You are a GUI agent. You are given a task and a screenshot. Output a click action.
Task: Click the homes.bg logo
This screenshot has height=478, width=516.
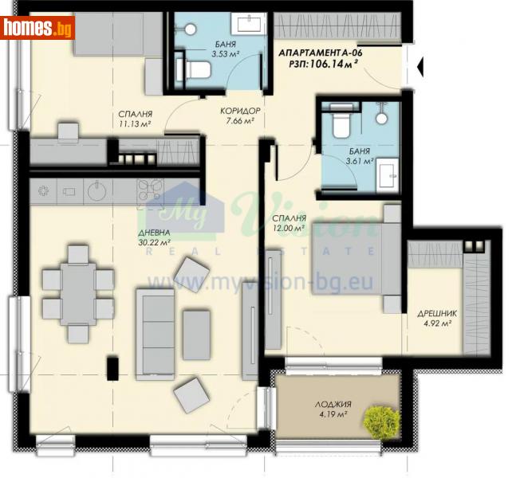click(x=37, y=29)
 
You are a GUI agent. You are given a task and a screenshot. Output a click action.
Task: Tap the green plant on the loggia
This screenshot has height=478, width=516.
click(x=381, y=419)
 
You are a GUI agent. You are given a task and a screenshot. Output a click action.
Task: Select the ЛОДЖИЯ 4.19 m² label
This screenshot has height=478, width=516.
click(x=333, y=409)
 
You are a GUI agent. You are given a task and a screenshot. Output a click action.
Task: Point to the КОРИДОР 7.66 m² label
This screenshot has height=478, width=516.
click(x=240, y=116)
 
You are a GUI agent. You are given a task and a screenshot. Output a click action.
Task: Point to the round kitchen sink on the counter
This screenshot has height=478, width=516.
click(x=96, y=191)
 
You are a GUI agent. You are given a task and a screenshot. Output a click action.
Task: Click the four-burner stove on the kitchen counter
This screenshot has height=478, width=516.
click(x=150, y=191)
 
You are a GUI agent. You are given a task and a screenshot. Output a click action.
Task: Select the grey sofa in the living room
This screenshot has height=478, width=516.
click(x=155, y=333)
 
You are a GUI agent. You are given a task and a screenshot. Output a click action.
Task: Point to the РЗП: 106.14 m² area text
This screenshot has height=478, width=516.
click(x=317, y=66)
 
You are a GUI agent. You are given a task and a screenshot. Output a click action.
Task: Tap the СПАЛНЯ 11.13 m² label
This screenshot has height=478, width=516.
click(x=132, y=119)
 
